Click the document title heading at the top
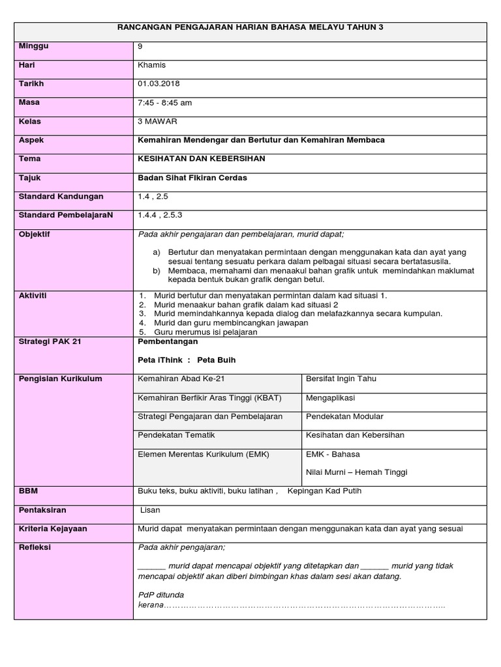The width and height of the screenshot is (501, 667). (250, 27)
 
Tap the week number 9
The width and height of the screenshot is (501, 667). (140, 46)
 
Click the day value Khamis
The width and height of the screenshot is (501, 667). (151, 65)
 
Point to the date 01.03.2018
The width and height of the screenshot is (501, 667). (159, 84)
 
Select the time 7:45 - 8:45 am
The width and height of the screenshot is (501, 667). (165, 103)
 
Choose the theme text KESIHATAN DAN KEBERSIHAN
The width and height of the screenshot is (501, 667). (202, 159)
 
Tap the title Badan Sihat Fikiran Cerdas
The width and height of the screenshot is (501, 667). (192, 178)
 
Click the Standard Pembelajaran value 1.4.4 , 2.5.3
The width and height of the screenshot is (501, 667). (161, 216)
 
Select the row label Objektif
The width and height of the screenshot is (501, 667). (35, 234)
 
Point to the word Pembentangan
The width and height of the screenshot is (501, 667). (168, 341)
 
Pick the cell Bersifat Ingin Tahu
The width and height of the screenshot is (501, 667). (341, 379)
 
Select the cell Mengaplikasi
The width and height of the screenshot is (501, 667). (331, 398)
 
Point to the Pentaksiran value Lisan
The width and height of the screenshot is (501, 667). (151, 511)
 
